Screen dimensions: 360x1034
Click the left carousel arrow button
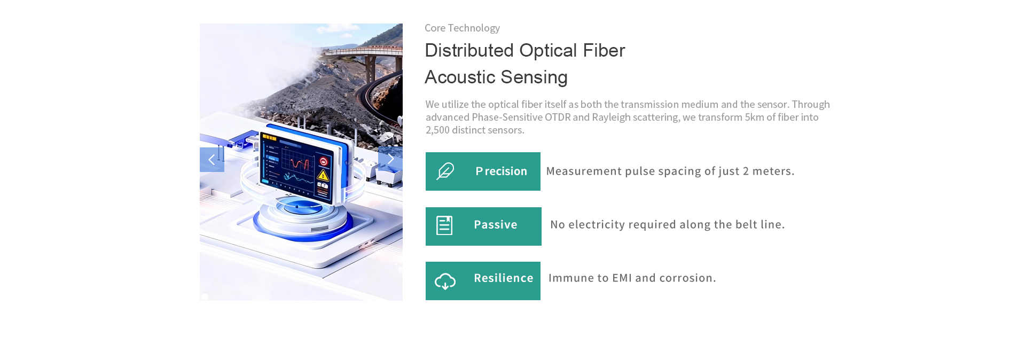click(x=211, y=160)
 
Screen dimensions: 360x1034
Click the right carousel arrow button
click(x=390, y=159)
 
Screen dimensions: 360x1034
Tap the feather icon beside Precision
click(x=445, y=171)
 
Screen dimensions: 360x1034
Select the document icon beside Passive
click(x=444, y=225)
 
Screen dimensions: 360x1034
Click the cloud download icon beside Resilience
click(x=445, y=281)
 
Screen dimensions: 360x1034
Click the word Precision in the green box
click(x=501, y=171)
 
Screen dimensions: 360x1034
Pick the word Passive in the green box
click(x=495, y=225)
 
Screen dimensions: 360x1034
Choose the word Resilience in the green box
click(x=503, y=278)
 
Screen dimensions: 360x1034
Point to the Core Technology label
click(x=462, y=28)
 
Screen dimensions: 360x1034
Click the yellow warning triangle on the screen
click(x=323, y=175)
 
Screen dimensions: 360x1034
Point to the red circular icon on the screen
click(x=323, y=162)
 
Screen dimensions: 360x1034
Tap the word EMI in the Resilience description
click(x=622, y=278)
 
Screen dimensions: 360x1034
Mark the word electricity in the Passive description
click(x=597, y=225)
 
